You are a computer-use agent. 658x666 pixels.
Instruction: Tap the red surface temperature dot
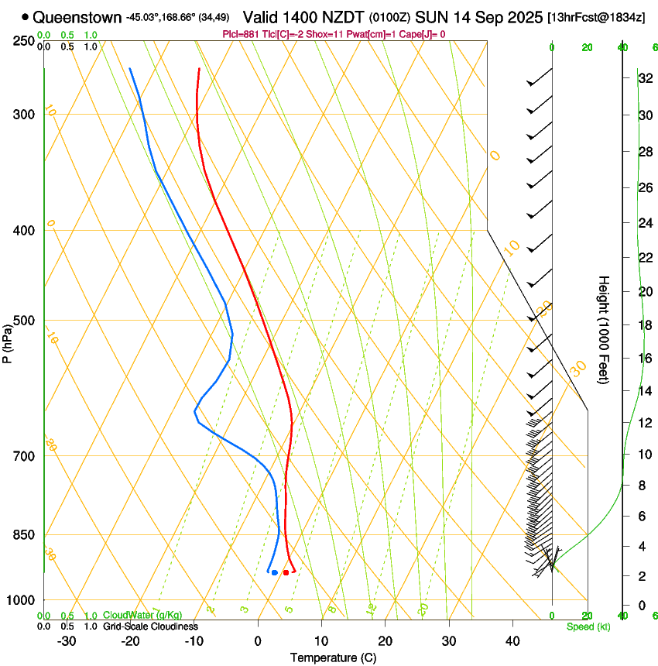[286, 572]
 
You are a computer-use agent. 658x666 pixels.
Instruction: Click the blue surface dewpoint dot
[275, 572]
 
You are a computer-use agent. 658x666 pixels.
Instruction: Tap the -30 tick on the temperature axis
[67, 640]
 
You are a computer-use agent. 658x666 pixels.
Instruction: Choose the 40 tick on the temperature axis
[512, 640]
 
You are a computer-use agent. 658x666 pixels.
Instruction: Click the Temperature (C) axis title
[333, 657]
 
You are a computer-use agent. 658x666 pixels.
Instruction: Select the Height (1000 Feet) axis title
[604, 329]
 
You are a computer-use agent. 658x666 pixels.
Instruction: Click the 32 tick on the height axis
[644, 78]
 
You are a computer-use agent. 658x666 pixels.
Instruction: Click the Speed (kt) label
[588, 626]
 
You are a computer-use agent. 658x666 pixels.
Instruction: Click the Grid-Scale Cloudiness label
[150, 626]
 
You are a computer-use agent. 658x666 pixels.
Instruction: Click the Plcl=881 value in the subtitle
[240, 34]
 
